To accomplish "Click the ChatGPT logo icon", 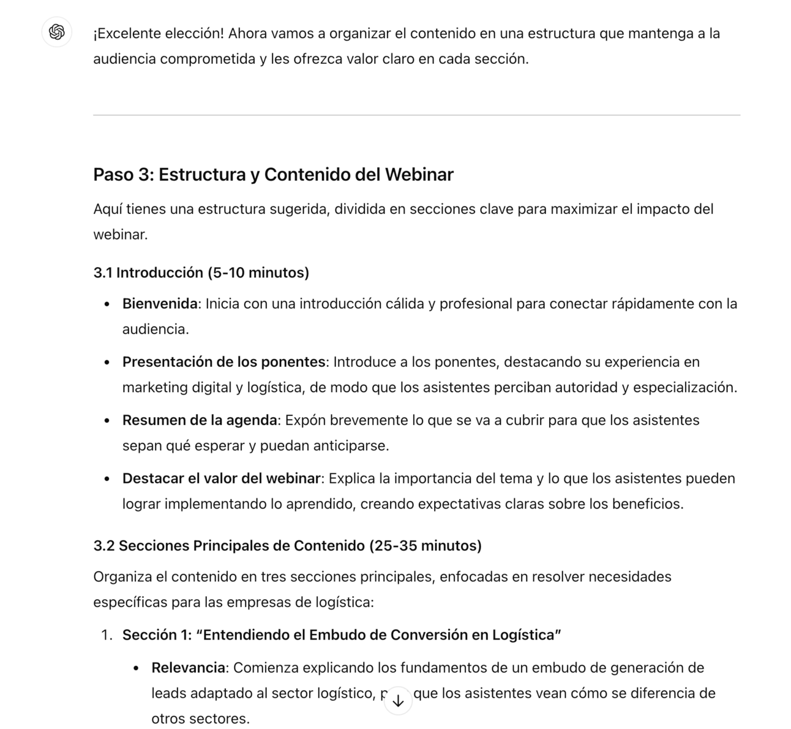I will pos(57,32).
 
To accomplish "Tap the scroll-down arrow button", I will pos(398,701).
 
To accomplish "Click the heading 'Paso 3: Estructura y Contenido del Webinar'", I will pos(273,175).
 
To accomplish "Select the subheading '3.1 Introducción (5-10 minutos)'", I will pos(201,273).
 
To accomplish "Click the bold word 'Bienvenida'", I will pos(160,304).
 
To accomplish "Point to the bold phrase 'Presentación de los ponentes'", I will pos(223,362).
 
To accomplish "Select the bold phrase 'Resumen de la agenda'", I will pos(200,420).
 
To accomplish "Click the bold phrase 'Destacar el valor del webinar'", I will pos(221,478).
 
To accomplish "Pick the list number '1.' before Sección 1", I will pos(107,635).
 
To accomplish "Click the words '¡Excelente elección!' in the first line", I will pos(159,33).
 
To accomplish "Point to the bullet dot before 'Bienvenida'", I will pos(107,304).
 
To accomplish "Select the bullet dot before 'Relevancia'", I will pos(137,668).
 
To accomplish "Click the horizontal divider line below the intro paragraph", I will pos(416,115).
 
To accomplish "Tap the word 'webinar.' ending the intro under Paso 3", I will pos(120,235).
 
